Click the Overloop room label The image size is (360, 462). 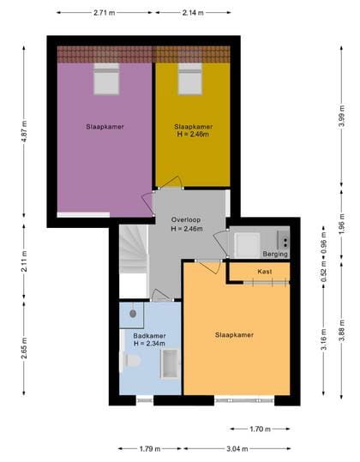tap(186, 219)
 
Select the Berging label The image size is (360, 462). tap(275, 255)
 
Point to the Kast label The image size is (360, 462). tap(265, 271)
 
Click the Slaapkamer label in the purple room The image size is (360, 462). tap(105, 127)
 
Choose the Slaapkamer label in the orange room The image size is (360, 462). tap(233, 334)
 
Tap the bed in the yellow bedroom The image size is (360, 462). tap(189, 80)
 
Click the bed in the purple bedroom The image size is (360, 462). tap(106, 80)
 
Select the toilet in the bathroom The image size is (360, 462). tap(132, 360)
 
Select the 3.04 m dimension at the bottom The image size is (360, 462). tap(239, 447)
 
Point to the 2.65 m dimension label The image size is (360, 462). tap(25, 353)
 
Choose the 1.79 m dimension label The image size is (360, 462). tap(150, 447)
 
